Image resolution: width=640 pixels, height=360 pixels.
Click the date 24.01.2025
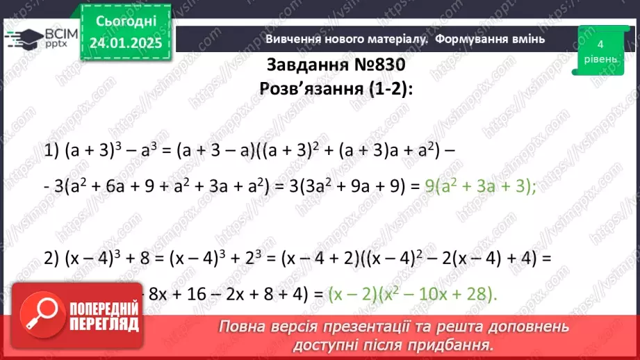[x=125, y=43]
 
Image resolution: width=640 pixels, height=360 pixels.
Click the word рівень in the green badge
[x=599, y=58]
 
